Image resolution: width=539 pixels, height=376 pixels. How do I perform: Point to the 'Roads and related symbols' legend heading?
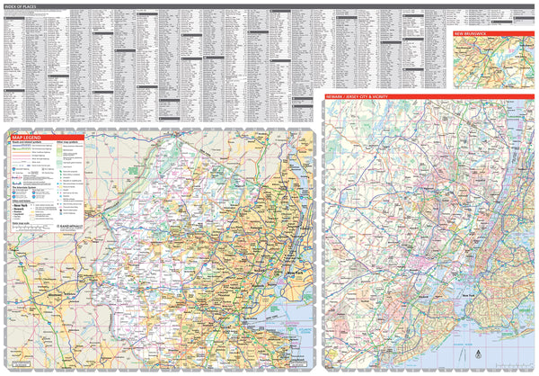click(28, 142)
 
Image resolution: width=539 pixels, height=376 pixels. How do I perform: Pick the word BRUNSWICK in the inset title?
click(478, 32)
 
